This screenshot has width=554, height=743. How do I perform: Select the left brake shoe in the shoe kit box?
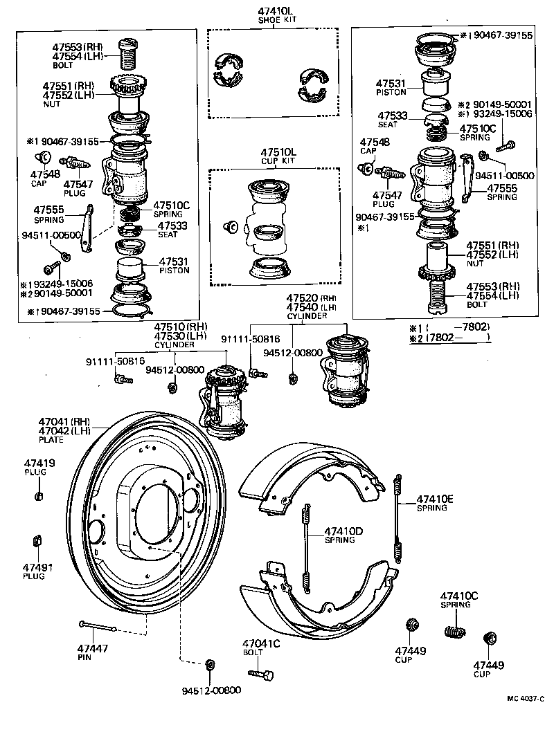tap(229, 70)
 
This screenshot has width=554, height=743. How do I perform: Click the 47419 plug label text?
tap(35, 463)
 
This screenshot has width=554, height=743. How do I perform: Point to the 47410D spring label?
tap(344, 531)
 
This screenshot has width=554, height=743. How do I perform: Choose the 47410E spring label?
tap(436, 499)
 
